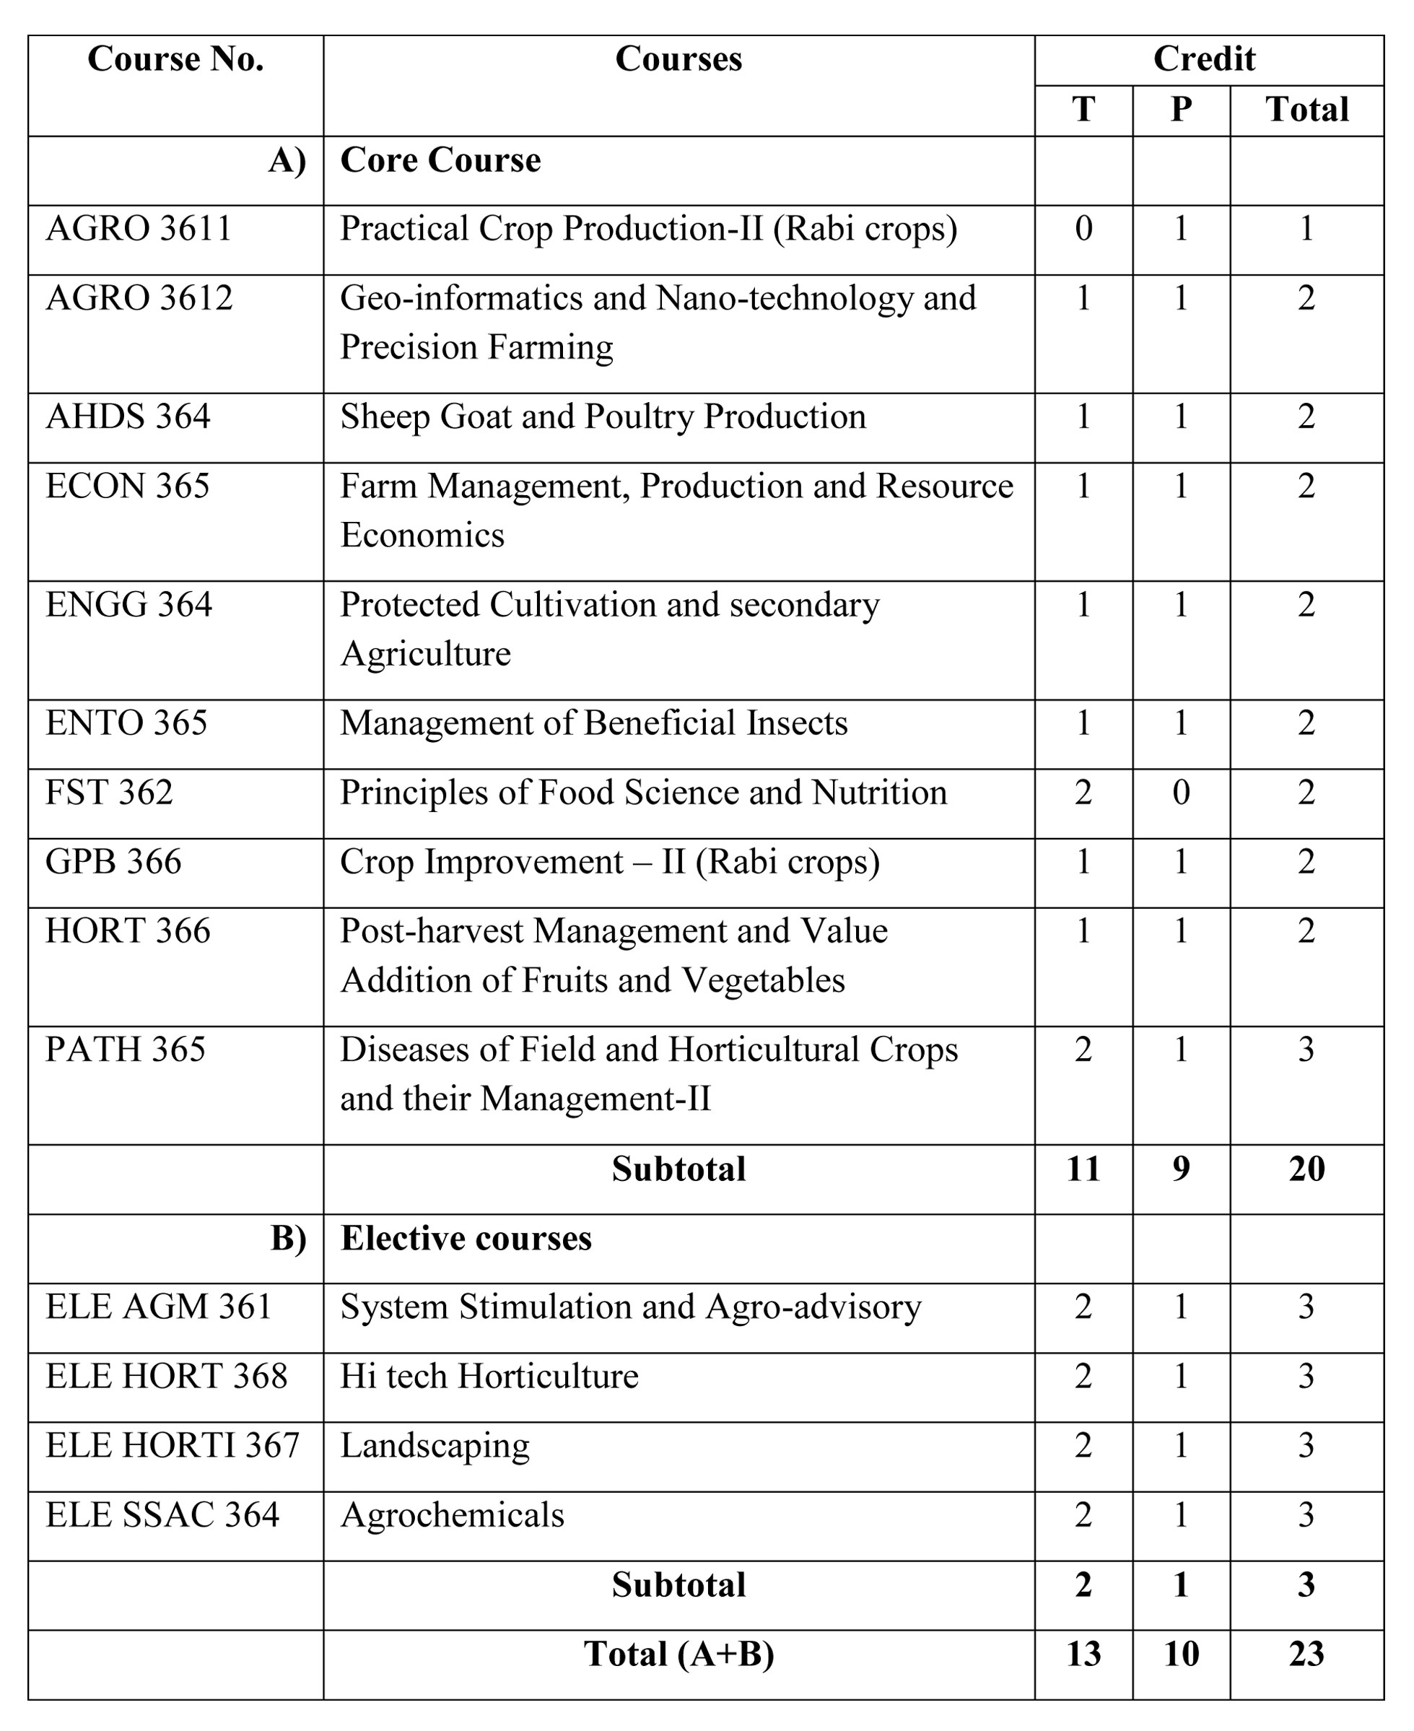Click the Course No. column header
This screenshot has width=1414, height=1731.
[x=175, y=59]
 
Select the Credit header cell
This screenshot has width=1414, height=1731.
[x=1204, y=59]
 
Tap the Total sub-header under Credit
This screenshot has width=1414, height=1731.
[x=1306, y=110]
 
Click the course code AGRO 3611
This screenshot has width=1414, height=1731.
[x=139, y=229]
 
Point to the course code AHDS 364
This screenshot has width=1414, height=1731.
[x=128, y=417]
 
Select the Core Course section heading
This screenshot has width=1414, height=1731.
[x=440, y=160]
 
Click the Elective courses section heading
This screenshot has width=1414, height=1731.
[x=466, y=1238]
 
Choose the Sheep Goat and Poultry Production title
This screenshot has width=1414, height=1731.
[x=603, y=417]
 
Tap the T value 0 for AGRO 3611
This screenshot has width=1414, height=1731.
[x=1083, y=229]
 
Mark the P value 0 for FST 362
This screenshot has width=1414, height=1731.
[x=1180, y=793]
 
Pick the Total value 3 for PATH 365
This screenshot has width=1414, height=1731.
[x=1306, y=1050]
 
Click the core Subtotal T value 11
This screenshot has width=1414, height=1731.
[x=1083, y=1169]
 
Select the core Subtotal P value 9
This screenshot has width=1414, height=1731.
[x=1180, y=1169]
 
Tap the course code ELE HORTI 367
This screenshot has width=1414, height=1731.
[x=173, y=1446]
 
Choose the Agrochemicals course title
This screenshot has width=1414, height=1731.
[x=452, y=1515]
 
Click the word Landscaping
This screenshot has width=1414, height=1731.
[x=435, y=1446]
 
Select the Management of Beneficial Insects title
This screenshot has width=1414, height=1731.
[x=594, y=723]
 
